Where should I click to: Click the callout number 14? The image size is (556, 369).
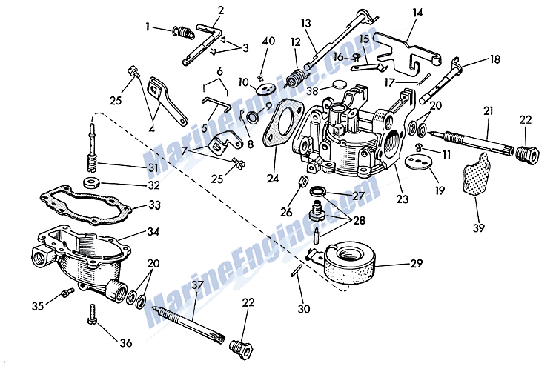pyautogui.click(x=417, y=13)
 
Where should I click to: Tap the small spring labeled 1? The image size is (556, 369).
pyautogui.click(x=182, y=32)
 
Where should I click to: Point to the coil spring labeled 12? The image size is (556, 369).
pyautogui.click(x=295, y=76)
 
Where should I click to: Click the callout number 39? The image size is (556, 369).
pyautogui.click(x=479, y=227)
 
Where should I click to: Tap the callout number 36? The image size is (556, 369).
pyautogui.click(x=126, y=342)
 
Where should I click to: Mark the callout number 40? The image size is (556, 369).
pyautogui.click(x=268, y=41)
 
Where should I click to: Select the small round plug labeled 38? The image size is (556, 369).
pyautogui.click(x=340, y=84)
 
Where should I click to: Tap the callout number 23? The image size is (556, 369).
pyautogui.click(x=403, y=199)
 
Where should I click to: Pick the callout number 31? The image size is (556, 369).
pyautogui.click(x=153, y=167)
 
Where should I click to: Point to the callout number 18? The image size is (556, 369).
pyautogui.click(x=495, y=59)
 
